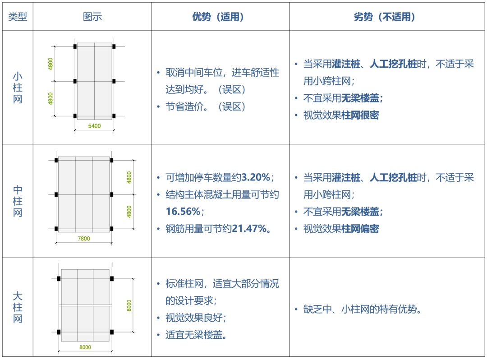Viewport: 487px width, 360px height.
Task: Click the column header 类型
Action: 17,17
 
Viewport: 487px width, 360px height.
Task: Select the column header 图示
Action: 92,17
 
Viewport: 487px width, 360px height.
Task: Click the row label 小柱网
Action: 17,88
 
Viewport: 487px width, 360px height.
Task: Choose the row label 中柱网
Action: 17,201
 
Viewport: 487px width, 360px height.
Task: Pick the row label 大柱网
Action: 17,308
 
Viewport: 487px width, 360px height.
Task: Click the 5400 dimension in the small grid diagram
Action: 94,126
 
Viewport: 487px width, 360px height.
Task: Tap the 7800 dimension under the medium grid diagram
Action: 84,239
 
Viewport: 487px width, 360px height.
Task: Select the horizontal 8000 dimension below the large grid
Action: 85,347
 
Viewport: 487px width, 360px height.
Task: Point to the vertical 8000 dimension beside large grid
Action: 129,306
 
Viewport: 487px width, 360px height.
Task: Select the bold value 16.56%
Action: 183,212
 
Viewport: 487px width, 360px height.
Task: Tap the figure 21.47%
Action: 251,229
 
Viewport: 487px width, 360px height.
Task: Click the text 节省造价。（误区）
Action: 206,107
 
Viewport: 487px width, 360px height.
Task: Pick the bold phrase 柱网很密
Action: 360,115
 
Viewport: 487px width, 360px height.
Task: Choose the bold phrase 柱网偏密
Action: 360,229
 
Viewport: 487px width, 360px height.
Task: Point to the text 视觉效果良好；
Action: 196,318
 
